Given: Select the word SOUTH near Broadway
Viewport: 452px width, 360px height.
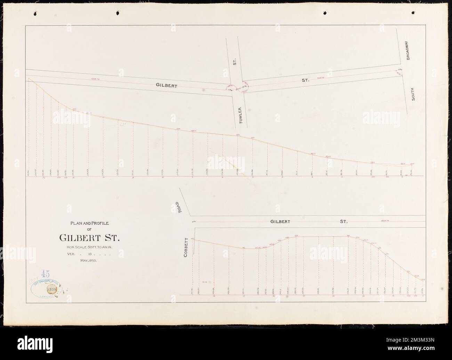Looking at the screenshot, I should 413,94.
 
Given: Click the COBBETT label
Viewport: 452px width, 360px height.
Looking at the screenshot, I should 186,248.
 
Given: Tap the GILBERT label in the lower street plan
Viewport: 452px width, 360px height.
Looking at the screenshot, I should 281,221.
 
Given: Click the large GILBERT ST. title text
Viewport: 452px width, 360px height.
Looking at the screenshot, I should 89,238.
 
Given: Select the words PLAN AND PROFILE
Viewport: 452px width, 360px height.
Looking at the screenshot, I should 89,224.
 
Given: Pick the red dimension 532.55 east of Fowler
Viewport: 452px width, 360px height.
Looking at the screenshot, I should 320,78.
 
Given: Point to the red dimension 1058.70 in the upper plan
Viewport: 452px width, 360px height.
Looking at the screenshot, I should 95,79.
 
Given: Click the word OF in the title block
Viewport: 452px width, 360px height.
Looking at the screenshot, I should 89,230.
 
